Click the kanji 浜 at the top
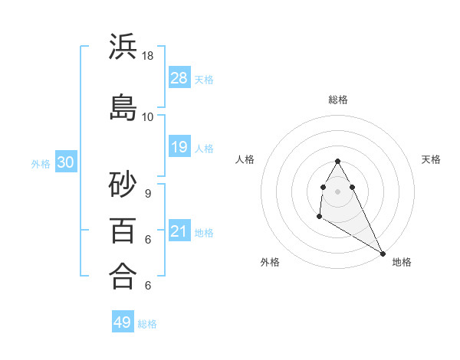pos(123,47)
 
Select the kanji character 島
pos(123,107)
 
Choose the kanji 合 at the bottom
pos(123,276)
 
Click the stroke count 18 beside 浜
pos(148,56)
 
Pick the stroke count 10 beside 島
pos(148,116)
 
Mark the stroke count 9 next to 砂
pos(147,194)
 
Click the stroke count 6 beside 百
pos(147,240)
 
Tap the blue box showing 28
pos(179,77)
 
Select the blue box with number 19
pos(179,147)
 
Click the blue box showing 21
pos(179,231)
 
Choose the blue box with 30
pos(65,162)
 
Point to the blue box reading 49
pos(123,322)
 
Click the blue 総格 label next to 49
pos(148,324)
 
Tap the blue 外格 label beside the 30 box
pos(41,163)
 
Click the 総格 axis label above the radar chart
pos(338,100)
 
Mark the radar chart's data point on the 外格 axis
pos(319,218)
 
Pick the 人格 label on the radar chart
pos(245,159)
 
